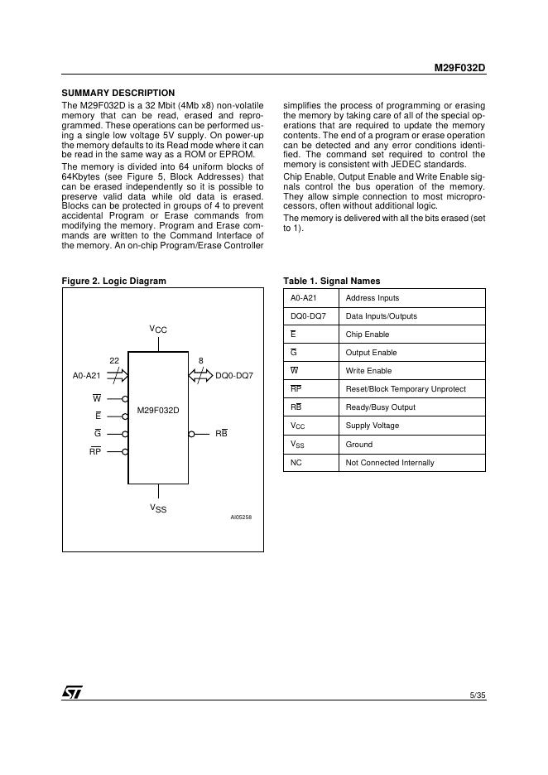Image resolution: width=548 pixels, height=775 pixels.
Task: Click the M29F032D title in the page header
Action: pyautogui.click(x=459, y=70)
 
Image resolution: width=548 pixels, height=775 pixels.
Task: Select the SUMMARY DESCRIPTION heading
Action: pyautogui.click(x=118, y=93)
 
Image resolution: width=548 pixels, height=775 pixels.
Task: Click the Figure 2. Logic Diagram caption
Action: pyautogui.click(x=114, y=281)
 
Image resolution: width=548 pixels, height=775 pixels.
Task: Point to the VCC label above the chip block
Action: pyautogui.click(x=158, y=330)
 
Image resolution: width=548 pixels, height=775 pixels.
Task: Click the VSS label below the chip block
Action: pyautogui.click(x=158, y=508)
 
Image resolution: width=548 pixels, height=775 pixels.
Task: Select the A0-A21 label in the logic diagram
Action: pyautogui.click(x=87, y=376)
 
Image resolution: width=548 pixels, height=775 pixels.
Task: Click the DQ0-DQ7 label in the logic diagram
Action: pyautogui.click(x=234, y=376)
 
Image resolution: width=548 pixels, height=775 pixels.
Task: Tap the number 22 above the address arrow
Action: pyautogui.click(x=114, y=360)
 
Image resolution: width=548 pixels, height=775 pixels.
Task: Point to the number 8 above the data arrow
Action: pyautogui.click(x=201, y=360)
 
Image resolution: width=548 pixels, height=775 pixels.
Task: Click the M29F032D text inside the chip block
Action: pyautogui.click(x=158, y=410)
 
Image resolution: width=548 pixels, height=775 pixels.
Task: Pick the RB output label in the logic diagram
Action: pyautogui.click(x=221, y=433)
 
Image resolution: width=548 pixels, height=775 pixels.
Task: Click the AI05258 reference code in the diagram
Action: pyautogui.click(x=241, y=517)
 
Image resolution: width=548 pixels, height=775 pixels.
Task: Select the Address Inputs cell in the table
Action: pyautogui.click(x=372, y=298)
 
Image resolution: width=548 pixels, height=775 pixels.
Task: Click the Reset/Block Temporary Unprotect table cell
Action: pyautogui.click(x=406, y=389)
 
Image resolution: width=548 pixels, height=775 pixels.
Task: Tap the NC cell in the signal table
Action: pyautogui.click(x=296, y=462)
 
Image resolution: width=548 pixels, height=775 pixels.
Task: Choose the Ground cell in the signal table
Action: pyautogui.click(x=359, y=444)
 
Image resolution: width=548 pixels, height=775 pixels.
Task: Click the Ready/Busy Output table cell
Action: pyautogui.click(x=381, y=407)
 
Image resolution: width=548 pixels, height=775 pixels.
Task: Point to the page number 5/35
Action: pyautogui.click(x=477, y=695)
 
